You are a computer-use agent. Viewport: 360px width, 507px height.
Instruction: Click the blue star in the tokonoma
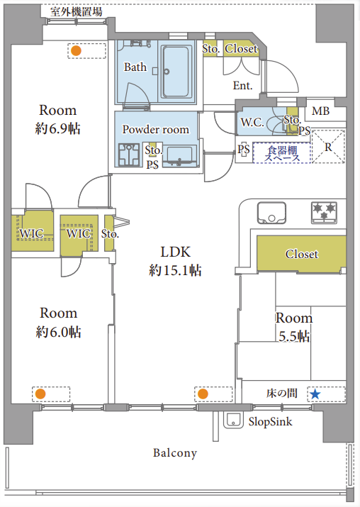click(x=315, y=394)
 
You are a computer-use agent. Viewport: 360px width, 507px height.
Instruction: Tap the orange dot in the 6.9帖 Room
click(x=76, y=51)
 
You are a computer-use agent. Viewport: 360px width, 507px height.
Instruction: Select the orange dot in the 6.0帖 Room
click(x=40, y=394)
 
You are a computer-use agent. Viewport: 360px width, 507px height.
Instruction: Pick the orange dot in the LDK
click(x=203, y=394)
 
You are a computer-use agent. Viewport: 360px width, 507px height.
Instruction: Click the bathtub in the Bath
click(x=176, y=72)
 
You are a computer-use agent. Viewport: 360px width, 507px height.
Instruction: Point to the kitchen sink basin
click(x=271, y=213)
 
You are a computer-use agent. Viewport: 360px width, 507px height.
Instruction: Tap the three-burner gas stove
click(x=324, y=213)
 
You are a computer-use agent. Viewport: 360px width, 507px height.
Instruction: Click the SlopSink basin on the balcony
click(x=233, y=420)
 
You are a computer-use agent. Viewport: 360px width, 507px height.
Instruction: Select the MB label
click(x=320, y=111)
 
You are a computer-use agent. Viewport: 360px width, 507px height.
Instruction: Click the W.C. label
click(x=252, y=122)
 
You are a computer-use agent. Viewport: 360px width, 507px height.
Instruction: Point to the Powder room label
click(x=155, y=129)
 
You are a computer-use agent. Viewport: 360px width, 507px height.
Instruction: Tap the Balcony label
click(x=175, y=453)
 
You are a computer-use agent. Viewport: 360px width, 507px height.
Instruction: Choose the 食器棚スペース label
click(x=282, y=154)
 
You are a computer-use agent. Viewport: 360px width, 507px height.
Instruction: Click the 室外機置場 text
click(x=77, y=12)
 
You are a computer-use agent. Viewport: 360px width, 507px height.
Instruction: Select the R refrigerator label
click(x=328, y=147)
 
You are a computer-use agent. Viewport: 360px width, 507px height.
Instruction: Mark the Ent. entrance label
click(x=242, y=86)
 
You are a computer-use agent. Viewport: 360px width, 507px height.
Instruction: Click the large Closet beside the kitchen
click(x=301, y=254)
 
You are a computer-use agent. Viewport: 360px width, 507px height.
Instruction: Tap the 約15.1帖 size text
click(x=175, y=270)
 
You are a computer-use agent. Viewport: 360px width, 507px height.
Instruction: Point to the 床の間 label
click(x=282, y=393)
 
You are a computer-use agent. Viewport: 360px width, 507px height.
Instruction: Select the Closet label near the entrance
click(x=241, y=48)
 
